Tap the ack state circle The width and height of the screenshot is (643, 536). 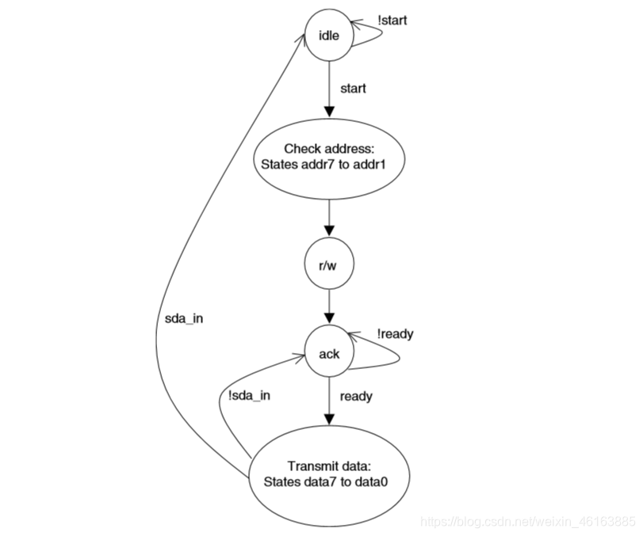coord(328,354)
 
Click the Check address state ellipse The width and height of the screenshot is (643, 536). coord(328,156)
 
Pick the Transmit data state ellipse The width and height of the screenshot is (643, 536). coord(328,473)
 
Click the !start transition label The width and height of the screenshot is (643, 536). coord(392,20)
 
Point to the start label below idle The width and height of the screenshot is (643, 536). coord(353,88)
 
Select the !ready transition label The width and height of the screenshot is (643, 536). coord(396,334)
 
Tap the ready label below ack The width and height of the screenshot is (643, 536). coord(356,396)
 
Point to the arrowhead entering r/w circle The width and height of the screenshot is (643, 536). coord(328,230)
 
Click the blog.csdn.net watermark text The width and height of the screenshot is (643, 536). coord(526,521)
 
